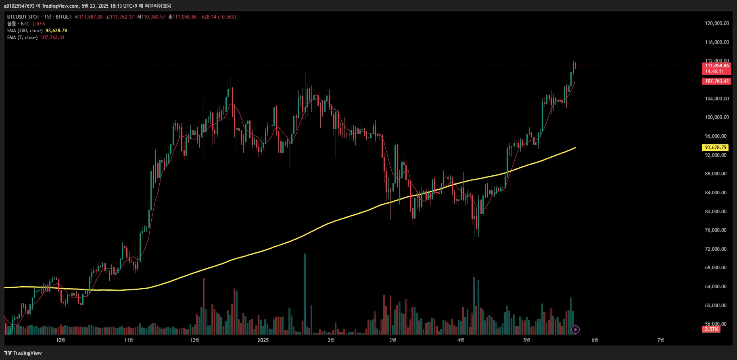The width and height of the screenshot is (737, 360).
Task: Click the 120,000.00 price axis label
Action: coord(717,23)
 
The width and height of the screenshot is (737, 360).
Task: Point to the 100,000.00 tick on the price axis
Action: coord(717,117)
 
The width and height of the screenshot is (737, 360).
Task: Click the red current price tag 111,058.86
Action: coord(717,66)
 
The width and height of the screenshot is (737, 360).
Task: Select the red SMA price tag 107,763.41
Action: coord(717,81)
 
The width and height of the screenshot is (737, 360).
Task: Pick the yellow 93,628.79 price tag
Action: coord(716,148)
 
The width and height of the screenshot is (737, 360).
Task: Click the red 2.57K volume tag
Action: coord(712,329)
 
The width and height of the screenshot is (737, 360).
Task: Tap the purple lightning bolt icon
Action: coord(576,330)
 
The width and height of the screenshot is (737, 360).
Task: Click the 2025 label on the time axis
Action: coord(263,340)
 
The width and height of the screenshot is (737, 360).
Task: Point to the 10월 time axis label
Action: coord(61,340)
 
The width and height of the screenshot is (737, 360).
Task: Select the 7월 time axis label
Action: coord(661,340)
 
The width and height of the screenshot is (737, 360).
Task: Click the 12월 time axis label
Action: coord(195,340)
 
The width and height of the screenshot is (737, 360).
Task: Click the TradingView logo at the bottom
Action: coord(23,353)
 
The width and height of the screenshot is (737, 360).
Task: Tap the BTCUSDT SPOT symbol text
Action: coord(23,17)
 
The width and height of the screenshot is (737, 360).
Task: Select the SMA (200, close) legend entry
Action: coord(25,31)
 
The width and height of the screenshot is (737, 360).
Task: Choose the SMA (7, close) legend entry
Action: coord(22,37)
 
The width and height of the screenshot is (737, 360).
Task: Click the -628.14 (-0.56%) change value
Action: coord(217,17)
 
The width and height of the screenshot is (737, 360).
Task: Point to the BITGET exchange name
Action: coord(63,17)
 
